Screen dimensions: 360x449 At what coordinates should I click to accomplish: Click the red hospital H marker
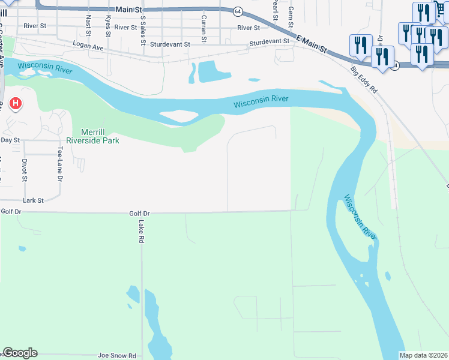[x=15, y=104]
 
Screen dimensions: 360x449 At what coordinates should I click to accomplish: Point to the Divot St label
[x=25, y=170]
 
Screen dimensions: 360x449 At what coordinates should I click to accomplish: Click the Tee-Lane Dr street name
[x=60, y=165]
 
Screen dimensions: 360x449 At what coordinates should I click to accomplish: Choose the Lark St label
[x=34, y=200]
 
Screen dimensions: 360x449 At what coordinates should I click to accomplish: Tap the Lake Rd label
[x=141, y=230]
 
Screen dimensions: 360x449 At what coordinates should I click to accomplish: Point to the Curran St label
[x=204, y=28]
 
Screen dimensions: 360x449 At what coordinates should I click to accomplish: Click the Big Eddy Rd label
[x=364, y=80]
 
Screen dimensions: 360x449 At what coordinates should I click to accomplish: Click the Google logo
[x=20, y=353]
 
